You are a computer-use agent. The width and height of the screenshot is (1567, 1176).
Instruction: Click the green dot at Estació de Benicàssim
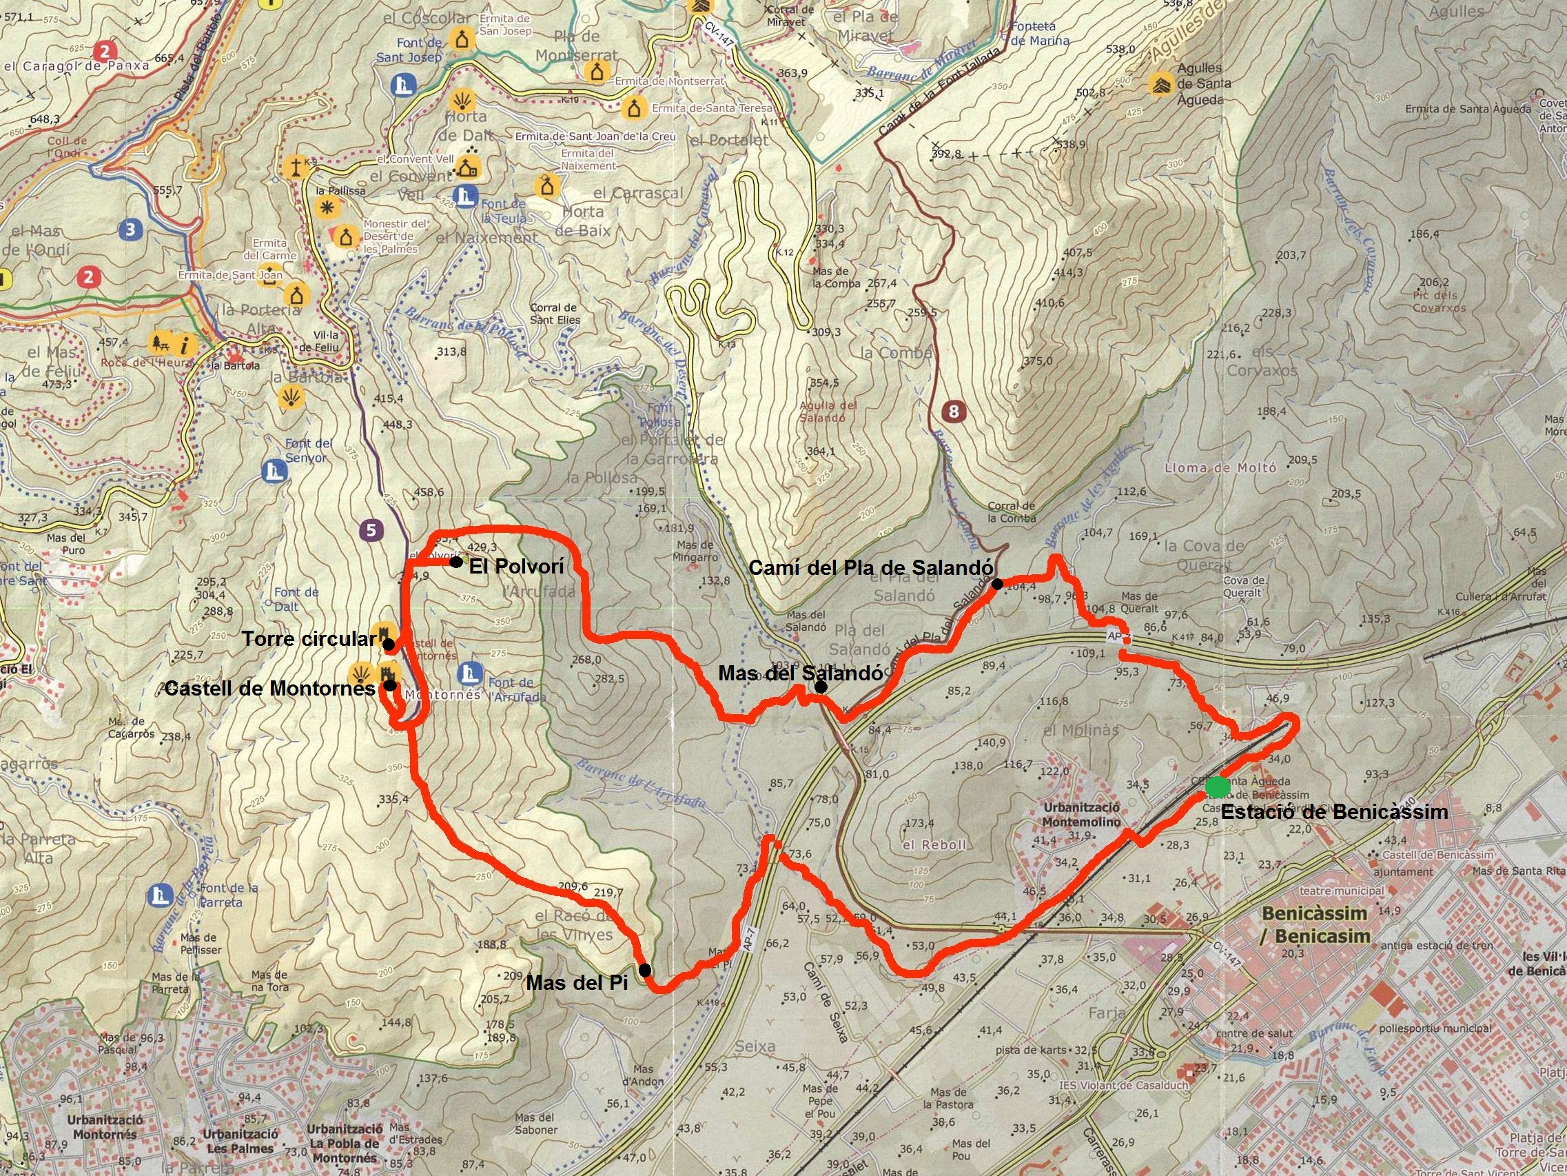click(1218, 786)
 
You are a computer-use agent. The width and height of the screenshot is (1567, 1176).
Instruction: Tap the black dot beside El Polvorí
click(456, 562)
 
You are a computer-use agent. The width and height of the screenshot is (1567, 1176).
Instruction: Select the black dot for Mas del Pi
click(645, 969)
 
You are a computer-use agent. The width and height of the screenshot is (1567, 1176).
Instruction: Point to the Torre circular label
click(309, 640)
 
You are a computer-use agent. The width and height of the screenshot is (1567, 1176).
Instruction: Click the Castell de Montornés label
click(269, 689)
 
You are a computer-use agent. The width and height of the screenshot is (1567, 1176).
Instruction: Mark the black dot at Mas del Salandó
click(820, 686)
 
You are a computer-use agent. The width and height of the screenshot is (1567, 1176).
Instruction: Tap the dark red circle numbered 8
click(954, 410)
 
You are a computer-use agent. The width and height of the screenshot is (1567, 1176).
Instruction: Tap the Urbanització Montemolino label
click(1080, 815)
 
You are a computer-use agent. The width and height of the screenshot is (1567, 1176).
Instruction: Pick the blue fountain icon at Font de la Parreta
click(160, 896)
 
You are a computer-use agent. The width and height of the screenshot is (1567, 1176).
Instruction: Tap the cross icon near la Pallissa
click(295, 168)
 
